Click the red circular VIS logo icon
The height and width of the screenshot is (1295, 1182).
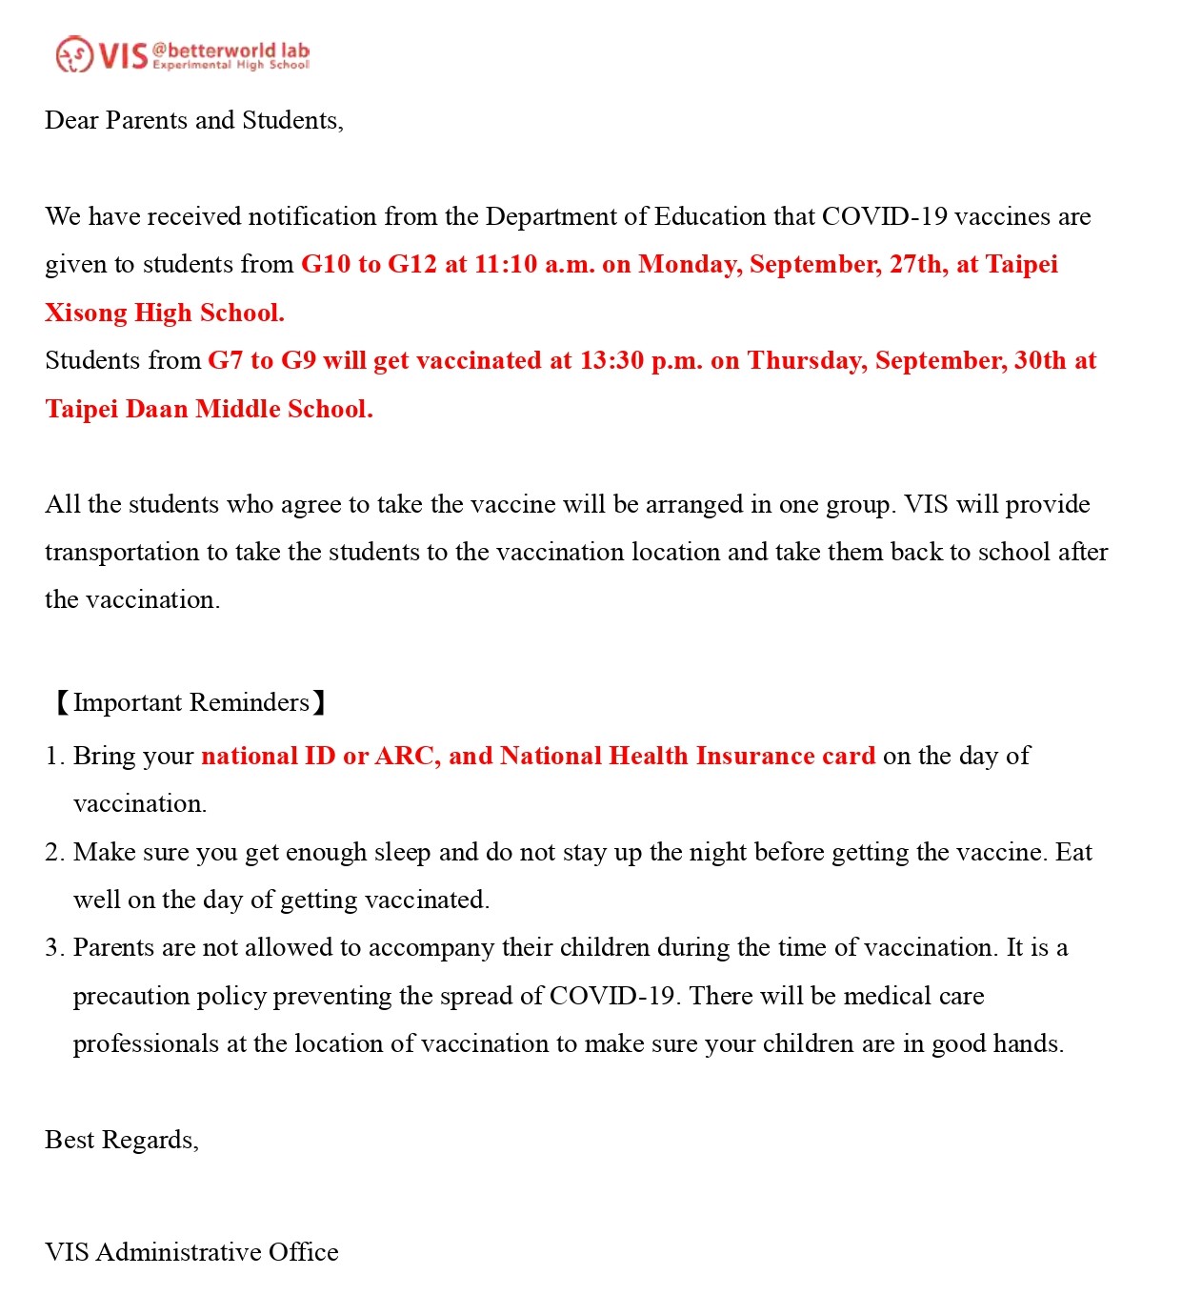73,54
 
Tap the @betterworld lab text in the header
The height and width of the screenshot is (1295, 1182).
230,50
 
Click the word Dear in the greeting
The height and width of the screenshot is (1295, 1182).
71,121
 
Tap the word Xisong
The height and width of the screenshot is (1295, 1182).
86,314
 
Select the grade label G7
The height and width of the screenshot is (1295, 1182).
226,361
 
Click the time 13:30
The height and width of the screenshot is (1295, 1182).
611,361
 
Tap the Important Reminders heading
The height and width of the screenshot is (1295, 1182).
190,703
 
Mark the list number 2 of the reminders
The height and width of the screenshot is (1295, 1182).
53,853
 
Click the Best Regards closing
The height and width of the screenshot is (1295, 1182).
122,1141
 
